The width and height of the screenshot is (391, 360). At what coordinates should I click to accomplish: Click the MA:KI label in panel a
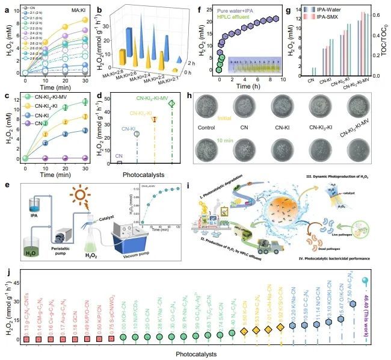(75, 8)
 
